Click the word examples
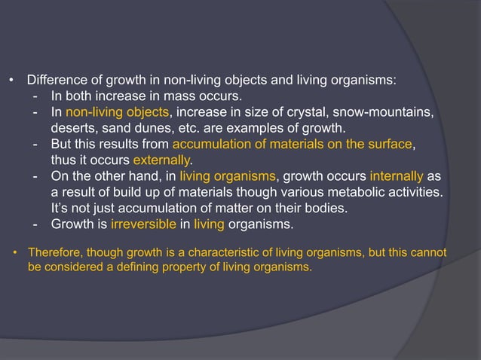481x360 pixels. [249, 128]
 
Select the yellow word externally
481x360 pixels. [161, 160]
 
